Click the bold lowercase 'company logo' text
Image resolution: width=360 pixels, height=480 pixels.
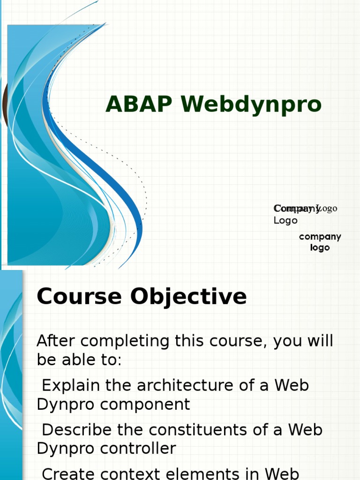320,242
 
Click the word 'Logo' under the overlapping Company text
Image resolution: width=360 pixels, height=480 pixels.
285,220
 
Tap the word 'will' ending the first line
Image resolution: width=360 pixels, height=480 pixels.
321,341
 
